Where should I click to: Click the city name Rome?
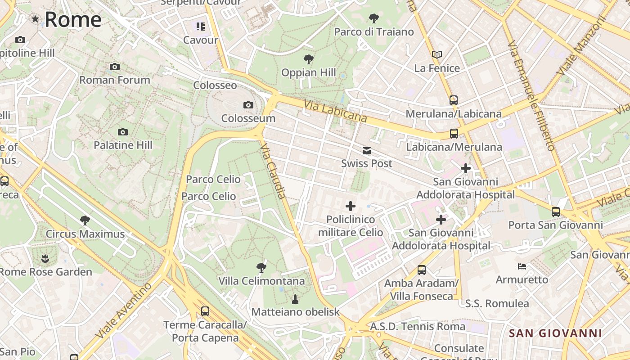73,19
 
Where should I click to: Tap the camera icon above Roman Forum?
115,67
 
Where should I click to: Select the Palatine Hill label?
123,145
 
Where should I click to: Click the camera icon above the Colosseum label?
248,105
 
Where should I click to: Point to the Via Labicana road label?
335,111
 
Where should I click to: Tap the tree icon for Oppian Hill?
309,59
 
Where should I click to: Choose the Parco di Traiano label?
373,32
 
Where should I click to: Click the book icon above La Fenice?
436,55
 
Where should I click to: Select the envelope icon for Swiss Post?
367,151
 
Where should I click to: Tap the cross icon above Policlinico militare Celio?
350,207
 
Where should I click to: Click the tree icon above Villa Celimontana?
261,268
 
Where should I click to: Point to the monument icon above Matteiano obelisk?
295,299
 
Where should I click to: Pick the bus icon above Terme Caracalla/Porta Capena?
205,311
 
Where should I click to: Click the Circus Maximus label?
85,234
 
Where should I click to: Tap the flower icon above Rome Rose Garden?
45,259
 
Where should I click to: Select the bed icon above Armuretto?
522,266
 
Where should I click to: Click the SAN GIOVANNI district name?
555,333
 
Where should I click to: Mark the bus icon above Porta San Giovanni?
556,212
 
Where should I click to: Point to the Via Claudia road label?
273,171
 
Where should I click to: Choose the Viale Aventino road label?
124,310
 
